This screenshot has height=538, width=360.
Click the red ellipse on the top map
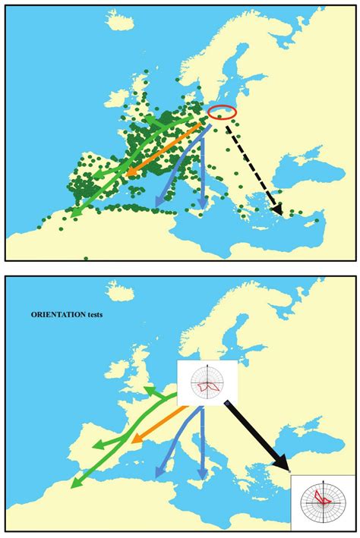tap(222, 112)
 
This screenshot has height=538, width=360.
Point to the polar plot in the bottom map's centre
tap(207, 382)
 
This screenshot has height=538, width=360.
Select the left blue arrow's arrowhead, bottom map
tap(157, 474)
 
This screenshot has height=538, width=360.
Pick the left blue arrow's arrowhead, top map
tap(157, 201)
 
